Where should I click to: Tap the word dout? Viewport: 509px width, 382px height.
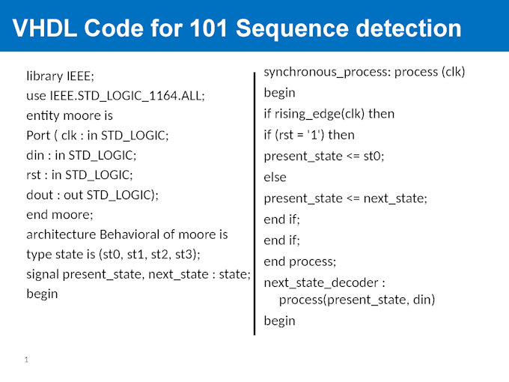click(40, 195)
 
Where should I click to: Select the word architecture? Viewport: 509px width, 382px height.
click(64, 234)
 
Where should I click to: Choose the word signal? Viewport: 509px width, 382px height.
click(43, 274)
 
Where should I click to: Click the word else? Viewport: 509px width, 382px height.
click(275, 178)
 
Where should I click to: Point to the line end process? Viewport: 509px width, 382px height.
click(299, 261)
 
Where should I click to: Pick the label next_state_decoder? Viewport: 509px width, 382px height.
click(322, 283)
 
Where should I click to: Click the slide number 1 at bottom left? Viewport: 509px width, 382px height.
click(26, 360)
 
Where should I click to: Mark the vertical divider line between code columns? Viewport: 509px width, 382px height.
click(255, 202)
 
